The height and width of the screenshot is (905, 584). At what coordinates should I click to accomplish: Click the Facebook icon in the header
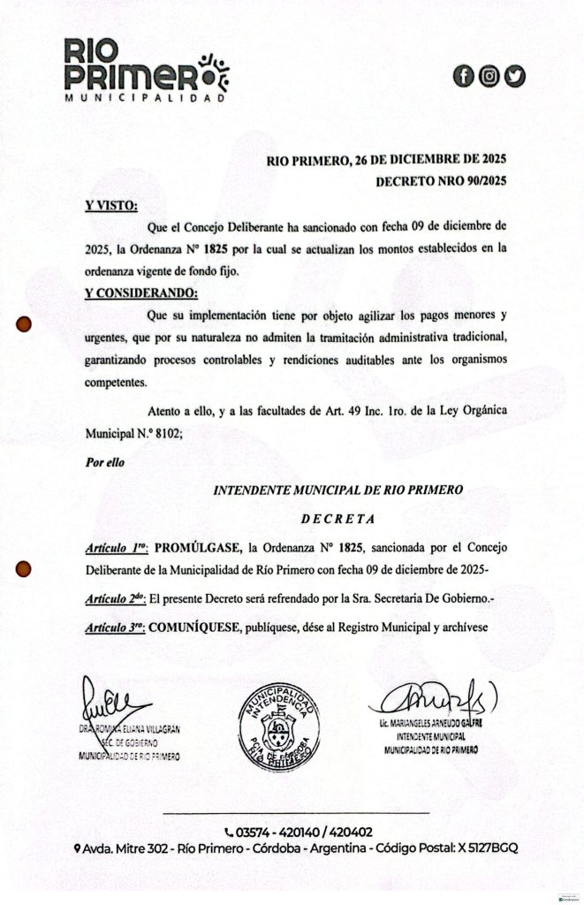pos(463,77)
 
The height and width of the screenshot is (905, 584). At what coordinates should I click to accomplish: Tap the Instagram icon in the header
pos(489,77)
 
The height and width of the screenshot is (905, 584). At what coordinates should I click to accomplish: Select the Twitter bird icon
pos(514,77)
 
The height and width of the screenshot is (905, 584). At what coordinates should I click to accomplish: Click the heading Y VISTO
pos(111,206)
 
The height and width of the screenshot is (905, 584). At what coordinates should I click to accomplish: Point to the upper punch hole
pos(25,324)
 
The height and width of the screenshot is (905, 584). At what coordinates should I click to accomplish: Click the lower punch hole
pos(25,568)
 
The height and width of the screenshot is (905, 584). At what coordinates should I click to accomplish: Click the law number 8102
pos(167,434)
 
